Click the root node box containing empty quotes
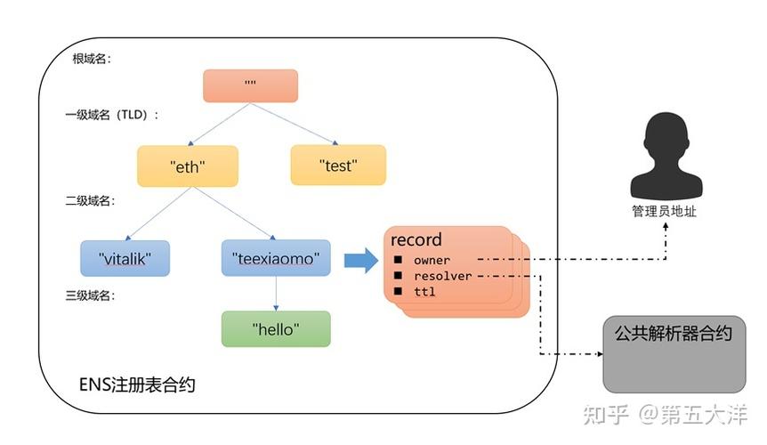(x=250, y=85)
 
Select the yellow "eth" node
(x=188, y=165)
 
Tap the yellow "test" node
(x=338, y=165)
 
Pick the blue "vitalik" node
(x=124, y=259)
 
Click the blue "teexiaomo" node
(x=275, y=259)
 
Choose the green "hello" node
(x=275, y=329)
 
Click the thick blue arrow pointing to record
(x=360, y=260)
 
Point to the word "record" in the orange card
(x=416, y=240)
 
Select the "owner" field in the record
(x=432, y=260)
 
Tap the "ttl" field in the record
(x=424, y=292)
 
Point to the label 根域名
(x=92, y=60)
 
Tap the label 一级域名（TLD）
(x=112, y=116)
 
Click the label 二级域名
(x=92, y=201)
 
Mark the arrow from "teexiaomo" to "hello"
(x=276, y=293)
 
